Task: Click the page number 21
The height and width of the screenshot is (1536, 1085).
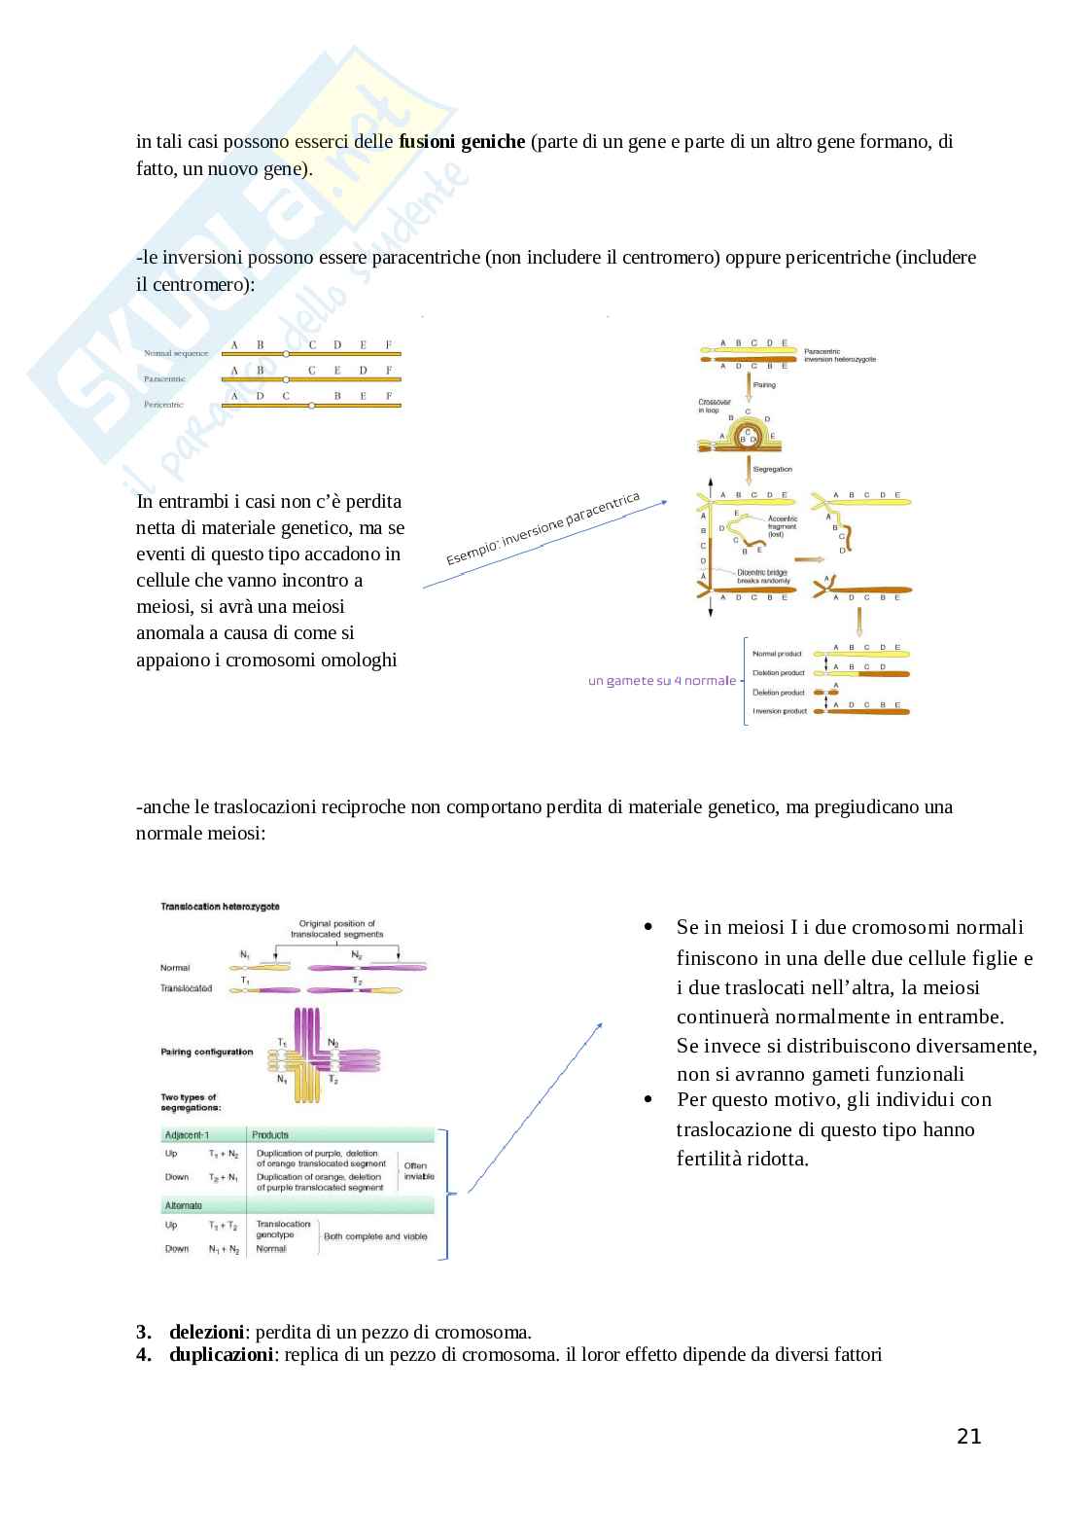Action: point(968,1436)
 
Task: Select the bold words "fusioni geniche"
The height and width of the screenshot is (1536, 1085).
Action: point(462,141)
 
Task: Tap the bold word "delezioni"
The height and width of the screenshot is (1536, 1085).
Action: point(206,1332)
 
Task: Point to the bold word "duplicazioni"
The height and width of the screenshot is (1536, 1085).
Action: point(220,1353)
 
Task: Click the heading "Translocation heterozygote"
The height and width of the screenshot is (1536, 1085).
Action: point(220,906)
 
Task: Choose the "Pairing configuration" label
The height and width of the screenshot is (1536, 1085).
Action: point(206,1052)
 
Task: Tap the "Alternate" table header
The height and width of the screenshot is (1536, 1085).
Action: point(184,1205)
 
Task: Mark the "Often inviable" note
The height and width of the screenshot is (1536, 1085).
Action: point(415,1170)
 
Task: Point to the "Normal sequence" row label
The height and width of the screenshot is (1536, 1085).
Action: point(176,353)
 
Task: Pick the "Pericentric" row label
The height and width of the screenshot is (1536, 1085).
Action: point(163,404)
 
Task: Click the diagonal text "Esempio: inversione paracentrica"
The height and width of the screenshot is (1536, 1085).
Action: point(543,528)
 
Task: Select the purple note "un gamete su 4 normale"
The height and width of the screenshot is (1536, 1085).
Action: point(661,681)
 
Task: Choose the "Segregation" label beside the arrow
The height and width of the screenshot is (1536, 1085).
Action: point(773,469)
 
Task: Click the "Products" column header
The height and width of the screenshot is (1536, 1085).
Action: point(270,1134)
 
